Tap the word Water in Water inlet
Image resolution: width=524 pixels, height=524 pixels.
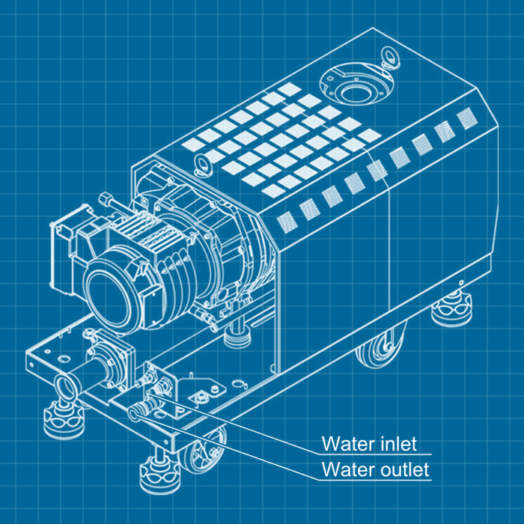click(x=347, y=443)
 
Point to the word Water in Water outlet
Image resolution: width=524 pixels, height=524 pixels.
click(x=347, y=470)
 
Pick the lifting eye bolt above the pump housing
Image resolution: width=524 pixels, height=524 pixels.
click(x=202, y=162)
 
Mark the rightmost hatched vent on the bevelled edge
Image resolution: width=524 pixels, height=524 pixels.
click(x=467, y=118)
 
